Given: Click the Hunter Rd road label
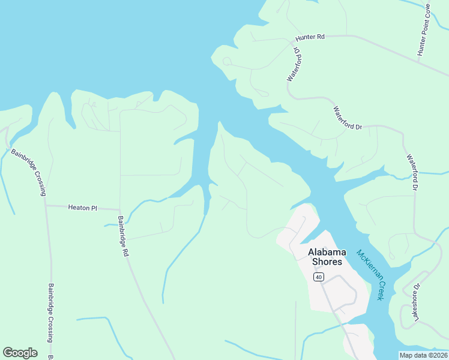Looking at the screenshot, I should click(x=310, y=37).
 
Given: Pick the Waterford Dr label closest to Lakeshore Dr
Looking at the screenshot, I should click(x=412, y=173).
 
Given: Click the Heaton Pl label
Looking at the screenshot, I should click(x=82, y=208).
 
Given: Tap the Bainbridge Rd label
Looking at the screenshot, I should click(x=123, y=236).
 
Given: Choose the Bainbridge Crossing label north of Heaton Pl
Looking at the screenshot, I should click(x=28, y=172).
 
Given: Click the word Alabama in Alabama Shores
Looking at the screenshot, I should click(x=326, y=252).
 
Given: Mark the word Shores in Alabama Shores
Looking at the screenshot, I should click(x=327, y=262).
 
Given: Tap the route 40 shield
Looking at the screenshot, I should click(x=318, y=276).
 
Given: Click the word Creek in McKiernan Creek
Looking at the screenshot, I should click(x=380, y=291).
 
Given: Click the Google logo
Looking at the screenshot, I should click(x=20, y=353).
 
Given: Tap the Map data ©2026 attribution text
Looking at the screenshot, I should click(x=423, y=355).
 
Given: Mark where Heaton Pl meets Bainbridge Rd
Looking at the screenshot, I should click(x=120, y=209).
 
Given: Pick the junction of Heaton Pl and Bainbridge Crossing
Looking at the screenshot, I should click(x=46, y=205).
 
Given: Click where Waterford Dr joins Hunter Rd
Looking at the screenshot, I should click(x=294, y=42).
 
